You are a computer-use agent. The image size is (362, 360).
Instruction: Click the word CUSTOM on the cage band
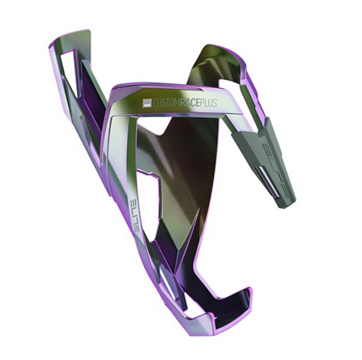[166, 103]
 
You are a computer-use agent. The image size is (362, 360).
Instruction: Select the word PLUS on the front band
[208, 103]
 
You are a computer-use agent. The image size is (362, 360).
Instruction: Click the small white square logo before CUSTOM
[147, 104]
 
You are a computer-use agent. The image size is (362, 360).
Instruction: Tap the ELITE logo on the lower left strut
[134, 215]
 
